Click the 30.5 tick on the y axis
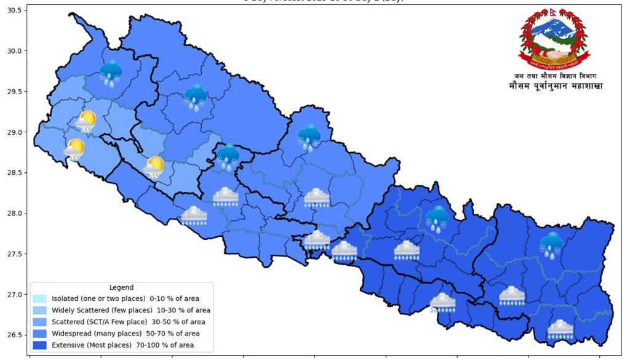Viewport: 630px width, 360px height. click(14, 10)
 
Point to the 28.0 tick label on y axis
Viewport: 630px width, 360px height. click(14, 214)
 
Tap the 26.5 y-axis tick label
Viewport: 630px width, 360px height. click(14, 335)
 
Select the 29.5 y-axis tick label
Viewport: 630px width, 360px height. click(14, 92)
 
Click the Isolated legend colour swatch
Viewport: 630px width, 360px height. click(41, 298)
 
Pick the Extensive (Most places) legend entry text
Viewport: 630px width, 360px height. click(122, 345)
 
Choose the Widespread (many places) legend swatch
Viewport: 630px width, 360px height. click(41, 334)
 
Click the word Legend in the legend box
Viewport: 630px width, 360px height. click(121, 287)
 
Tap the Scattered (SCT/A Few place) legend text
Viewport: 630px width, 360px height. click(129, 322)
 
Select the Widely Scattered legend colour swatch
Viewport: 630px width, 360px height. click(41, 310)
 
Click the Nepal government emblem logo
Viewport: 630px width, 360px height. click(553, 39)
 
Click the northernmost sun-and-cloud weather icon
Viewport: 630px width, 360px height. click(86, 122)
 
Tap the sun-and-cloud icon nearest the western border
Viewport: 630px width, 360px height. click(74, 150)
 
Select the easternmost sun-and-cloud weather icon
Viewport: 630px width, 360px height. click(153, 167)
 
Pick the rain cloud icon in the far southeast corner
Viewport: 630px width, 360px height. click(560, 330)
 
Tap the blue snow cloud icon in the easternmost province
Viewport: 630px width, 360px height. click(551, 244)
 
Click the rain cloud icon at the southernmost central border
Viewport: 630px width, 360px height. click(442, 302)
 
